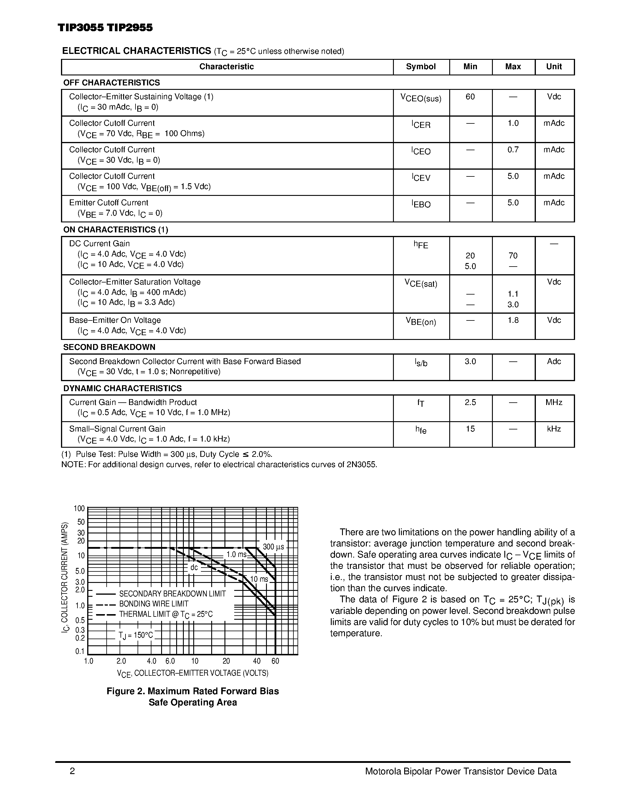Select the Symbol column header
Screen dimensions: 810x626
421,67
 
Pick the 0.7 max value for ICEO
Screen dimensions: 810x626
513,150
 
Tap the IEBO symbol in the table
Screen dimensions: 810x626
421,204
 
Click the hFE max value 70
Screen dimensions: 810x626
513,256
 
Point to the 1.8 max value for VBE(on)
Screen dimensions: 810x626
513,320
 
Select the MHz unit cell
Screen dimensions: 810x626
554,402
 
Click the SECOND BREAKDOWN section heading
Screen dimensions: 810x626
109,347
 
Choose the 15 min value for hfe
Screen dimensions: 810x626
470,429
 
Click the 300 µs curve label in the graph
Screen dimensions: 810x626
273,547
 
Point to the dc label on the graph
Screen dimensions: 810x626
194,568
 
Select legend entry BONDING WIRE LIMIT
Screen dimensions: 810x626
153,604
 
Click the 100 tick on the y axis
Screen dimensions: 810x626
79,508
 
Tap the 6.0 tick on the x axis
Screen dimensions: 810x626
170,661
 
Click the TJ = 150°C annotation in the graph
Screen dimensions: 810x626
136,635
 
